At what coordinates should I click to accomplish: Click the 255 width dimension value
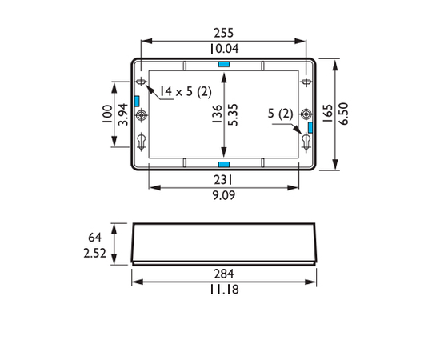(224, 33)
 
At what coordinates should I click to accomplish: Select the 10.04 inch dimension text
(224, 49)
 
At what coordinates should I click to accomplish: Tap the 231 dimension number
(224, 180)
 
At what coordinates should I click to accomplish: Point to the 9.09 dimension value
(224, 195)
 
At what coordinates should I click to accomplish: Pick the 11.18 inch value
(224, 290)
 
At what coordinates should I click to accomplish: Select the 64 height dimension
(94, 237)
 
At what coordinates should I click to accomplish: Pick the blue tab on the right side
(310, 128)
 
